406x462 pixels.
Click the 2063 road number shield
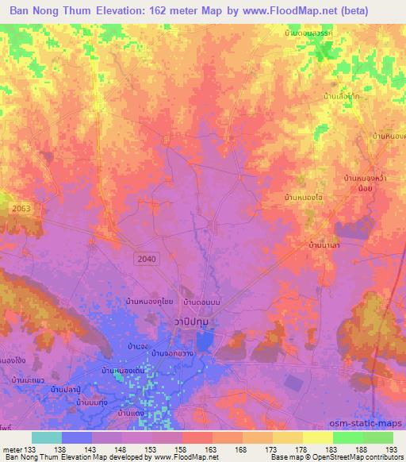point(21,207)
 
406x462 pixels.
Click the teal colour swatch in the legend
point(47,437)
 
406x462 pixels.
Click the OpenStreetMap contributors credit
point(358,457)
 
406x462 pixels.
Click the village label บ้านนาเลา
point(326,246)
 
